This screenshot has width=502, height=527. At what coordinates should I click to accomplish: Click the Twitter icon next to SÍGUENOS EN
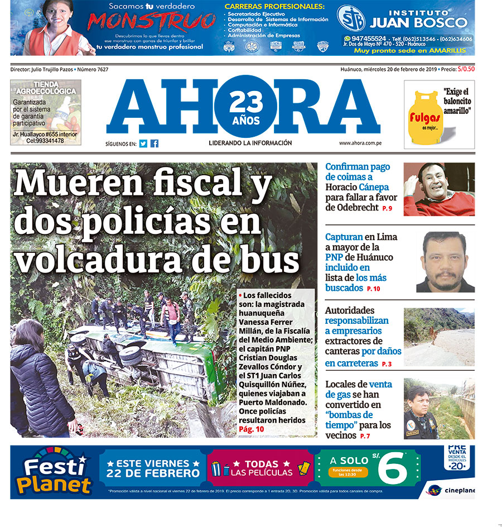click(143, 143)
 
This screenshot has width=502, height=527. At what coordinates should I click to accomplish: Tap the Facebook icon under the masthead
click(155, 143)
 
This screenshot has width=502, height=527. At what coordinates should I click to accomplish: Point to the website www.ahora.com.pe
click(360, 143)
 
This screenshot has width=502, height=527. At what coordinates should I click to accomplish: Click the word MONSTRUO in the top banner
click(152, 22)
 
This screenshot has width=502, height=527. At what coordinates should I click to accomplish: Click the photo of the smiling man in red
click(439, 189)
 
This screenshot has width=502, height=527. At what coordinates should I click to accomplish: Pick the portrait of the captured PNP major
click(445, 261)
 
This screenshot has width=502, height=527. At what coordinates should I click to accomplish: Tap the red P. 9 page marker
click(387, 208)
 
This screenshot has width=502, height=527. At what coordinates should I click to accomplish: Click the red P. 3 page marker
click(387, 364)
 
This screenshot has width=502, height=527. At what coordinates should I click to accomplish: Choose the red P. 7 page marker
click(365, 436)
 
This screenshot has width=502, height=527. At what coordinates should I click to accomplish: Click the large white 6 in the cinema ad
click(393, 469)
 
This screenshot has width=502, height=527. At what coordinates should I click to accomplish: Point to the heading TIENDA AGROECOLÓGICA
click(46, 88)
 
